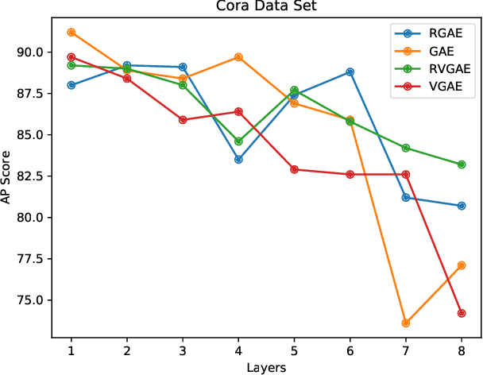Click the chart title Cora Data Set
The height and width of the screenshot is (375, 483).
(266, 6)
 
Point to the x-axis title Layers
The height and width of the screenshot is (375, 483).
(266, 368)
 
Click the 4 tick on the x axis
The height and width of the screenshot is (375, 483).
(238, 350)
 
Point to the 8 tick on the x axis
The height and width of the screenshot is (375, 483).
(462, 350)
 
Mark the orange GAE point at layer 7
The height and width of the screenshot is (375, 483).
(406, 323)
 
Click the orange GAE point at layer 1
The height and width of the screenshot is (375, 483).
(71, 33)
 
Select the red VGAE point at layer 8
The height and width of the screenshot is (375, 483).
(462, 313)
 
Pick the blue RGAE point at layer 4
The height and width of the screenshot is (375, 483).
(238, 160)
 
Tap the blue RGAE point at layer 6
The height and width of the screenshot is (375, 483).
(350, 72)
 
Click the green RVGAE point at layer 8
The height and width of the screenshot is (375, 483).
(462, 164)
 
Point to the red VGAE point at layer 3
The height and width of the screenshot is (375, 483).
(183, 120)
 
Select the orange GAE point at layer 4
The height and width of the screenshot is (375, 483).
(238, 57)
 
